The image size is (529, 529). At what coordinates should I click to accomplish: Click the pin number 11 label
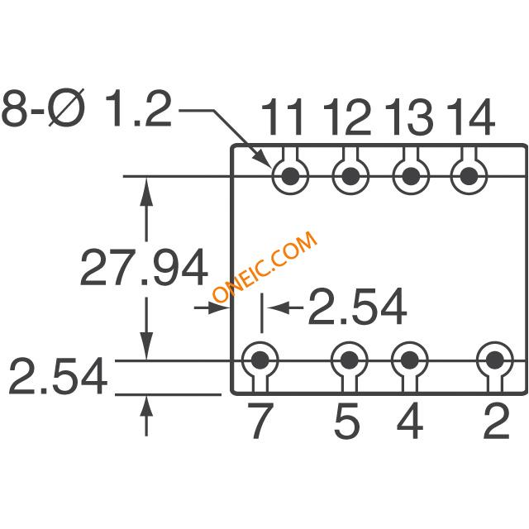pyautogui.click(x=281, y=117)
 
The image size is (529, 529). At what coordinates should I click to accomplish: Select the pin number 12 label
pyautogui.click(x=347, y=117)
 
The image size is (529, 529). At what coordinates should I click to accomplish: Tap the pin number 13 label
pyautogui.click(x=408, y=117)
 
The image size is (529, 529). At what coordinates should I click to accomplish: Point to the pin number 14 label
pyautogui.click(x=471, y=117)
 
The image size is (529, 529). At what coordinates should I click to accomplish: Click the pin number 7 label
pyautogui.click(x=260, y=421)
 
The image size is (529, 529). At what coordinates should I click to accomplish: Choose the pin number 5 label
pyautogui.click(x=346, y=421)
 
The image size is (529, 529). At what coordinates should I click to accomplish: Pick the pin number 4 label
pyautogui.click(x=410, y=421)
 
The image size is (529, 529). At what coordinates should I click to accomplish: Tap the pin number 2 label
pyautogui.click(x=496, y=421)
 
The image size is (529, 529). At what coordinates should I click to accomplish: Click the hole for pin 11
pyautogui.click(x=290, y=176)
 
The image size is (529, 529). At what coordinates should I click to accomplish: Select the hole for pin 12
pyautogui.click(x=350, y=176)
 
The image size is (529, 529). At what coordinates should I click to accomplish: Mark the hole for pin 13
pyautogui.click(x=411, y=176)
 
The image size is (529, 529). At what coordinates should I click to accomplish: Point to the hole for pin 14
pyautogui.click(x=469, y=176)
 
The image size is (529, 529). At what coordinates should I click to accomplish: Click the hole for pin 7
pyautogui.click(x=260, y=360)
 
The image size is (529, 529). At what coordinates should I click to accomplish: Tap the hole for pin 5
pyautogui.click(x=349, y=360)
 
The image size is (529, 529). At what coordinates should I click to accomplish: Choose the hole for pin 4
pyautogui.click(x=410, y=360)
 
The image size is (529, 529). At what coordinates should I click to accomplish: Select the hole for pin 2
pyautogui.click(x=495, y=360)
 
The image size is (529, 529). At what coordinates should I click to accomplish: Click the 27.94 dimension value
pyautogui.click(x=144, y=268)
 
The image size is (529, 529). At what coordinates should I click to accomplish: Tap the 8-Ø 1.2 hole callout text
pyautogui.click(x=86, y=108)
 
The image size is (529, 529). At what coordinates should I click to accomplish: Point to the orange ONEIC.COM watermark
pyautogui.click(x=264, y=266)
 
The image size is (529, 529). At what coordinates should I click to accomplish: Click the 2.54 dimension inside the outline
pyautogui.click(x=357, y=307)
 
